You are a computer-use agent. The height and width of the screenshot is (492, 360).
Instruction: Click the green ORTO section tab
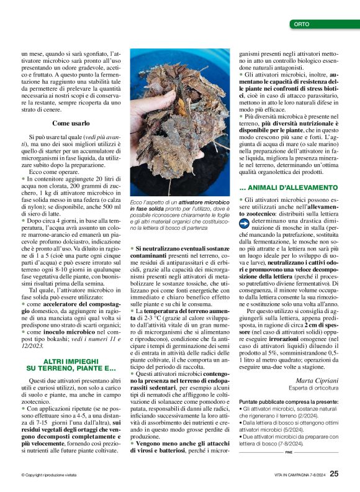point(323,25)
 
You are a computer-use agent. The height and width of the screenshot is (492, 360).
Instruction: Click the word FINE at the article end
point(289,452)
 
